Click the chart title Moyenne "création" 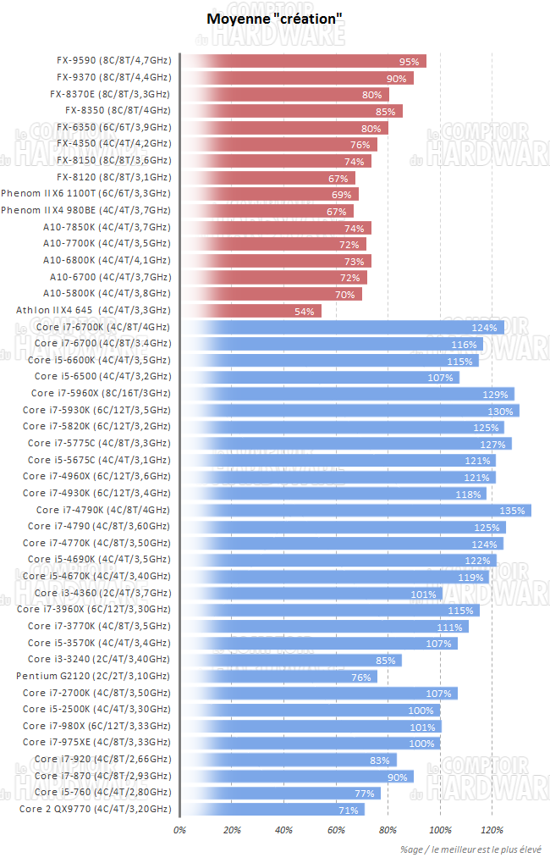pos(275,18)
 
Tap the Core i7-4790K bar pos(355,510)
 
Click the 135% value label pos(514,510)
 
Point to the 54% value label pos(305,311)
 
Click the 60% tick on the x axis pos(336,829)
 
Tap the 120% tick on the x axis pos(492,829)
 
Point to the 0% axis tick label pos(179,829)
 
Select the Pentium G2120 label pos(93,676)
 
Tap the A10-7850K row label pos(107,228)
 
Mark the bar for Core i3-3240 pos(291,660)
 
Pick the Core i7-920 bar pos(289,759)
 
